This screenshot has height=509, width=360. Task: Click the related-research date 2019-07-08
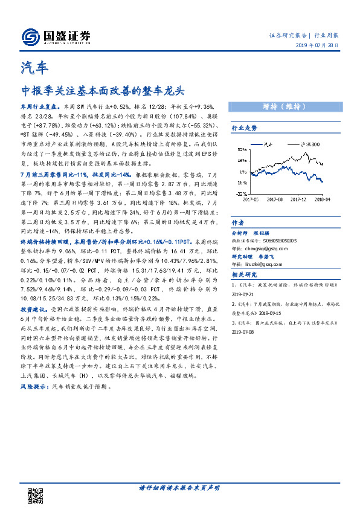(x=245, y=331)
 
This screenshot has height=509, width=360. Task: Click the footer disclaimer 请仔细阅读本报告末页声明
(x=179, y=487)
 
